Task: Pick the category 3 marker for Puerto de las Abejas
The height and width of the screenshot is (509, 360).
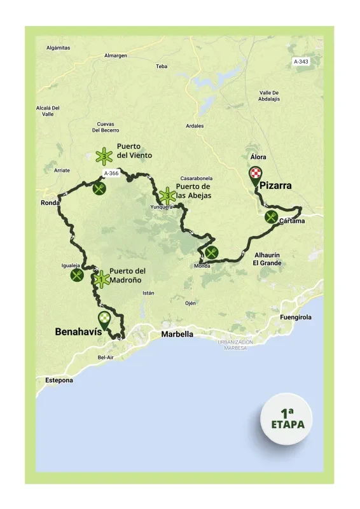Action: (x=167, y=195)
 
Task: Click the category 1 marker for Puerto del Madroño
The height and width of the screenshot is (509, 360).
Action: (x=100, y=278)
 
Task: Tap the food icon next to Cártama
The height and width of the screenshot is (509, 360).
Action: (x=272, y=217)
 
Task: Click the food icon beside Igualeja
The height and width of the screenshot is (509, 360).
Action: (x=78, y=275)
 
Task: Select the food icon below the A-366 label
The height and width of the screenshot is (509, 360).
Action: (x=99, y=188)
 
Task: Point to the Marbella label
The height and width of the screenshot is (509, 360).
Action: (x=177, y=334)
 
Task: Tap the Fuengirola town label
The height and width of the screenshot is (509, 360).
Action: (x=297, y=317)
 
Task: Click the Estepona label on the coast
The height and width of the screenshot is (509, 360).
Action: (x=59, y=380)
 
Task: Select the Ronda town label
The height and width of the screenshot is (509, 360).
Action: (x=50, y=204)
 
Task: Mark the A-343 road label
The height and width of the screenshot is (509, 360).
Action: (x=301, y=61)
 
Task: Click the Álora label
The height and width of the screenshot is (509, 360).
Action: (x=258, y=157)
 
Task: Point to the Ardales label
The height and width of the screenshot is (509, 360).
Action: (x=195, y=126)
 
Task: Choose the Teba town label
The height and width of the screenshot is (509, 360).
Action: (x=162, y=66)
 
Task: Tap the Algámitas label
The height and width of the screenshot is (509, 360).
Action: (x=59, y=48)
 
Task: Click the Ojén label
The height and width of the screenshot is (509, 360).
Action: (x=190, y=303)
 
